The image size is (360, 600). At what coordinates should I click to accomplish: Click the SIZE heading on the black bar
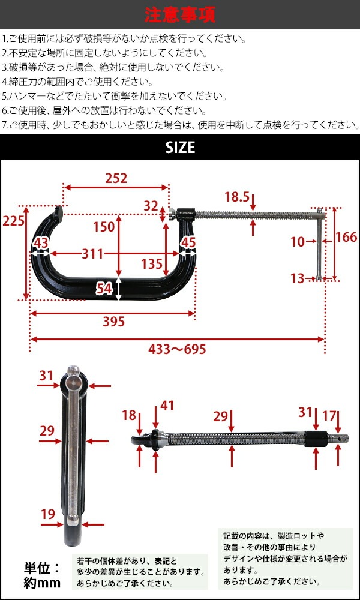click(180, 147)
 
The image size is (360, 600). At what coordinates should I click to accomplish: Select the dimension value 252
click(116, 178)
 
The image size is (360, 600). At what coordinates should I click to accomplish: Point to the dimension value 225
click(13, 221)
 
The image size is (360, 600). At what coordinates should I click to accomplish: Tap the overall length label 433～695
click(178, 349)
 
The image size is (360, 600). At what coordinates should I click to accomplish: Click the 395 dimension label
click(113, 322)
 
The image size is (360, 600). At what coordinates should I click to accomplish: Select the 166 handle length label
click(346, 237)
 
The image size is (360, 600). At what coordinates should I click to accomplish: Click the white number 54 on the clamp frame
click(104, 289)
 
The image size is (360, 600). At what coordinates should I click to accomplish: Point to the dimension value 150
click(103, 226)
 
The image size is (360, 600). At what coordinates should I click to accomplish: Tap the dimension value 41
click(167, 406)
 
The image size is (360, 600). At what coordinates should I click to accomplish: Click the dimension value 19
click(47, 514)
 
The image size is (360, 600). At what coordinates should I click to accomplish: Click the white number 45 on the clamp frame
click(188, 242)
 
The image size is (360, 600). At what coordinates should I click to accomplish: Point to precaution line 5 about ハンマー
click(114, 96)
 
